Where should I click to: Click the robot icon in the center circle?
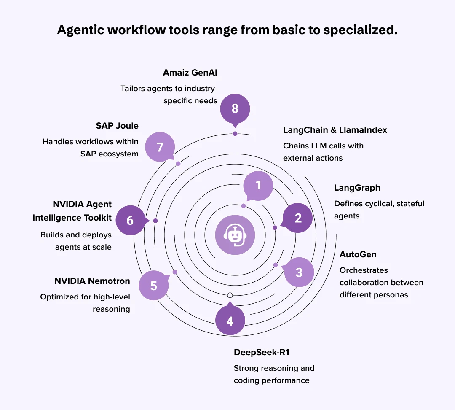point(235,235)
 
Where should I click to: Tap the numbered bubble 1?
point(258,186)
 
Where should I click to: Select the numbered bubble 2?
point(298,218)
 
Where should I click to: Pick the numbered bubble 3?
point(299,272)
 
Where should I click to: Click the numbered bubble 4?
point(230,321)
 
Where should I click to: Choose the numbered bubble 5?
point(153,286)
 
